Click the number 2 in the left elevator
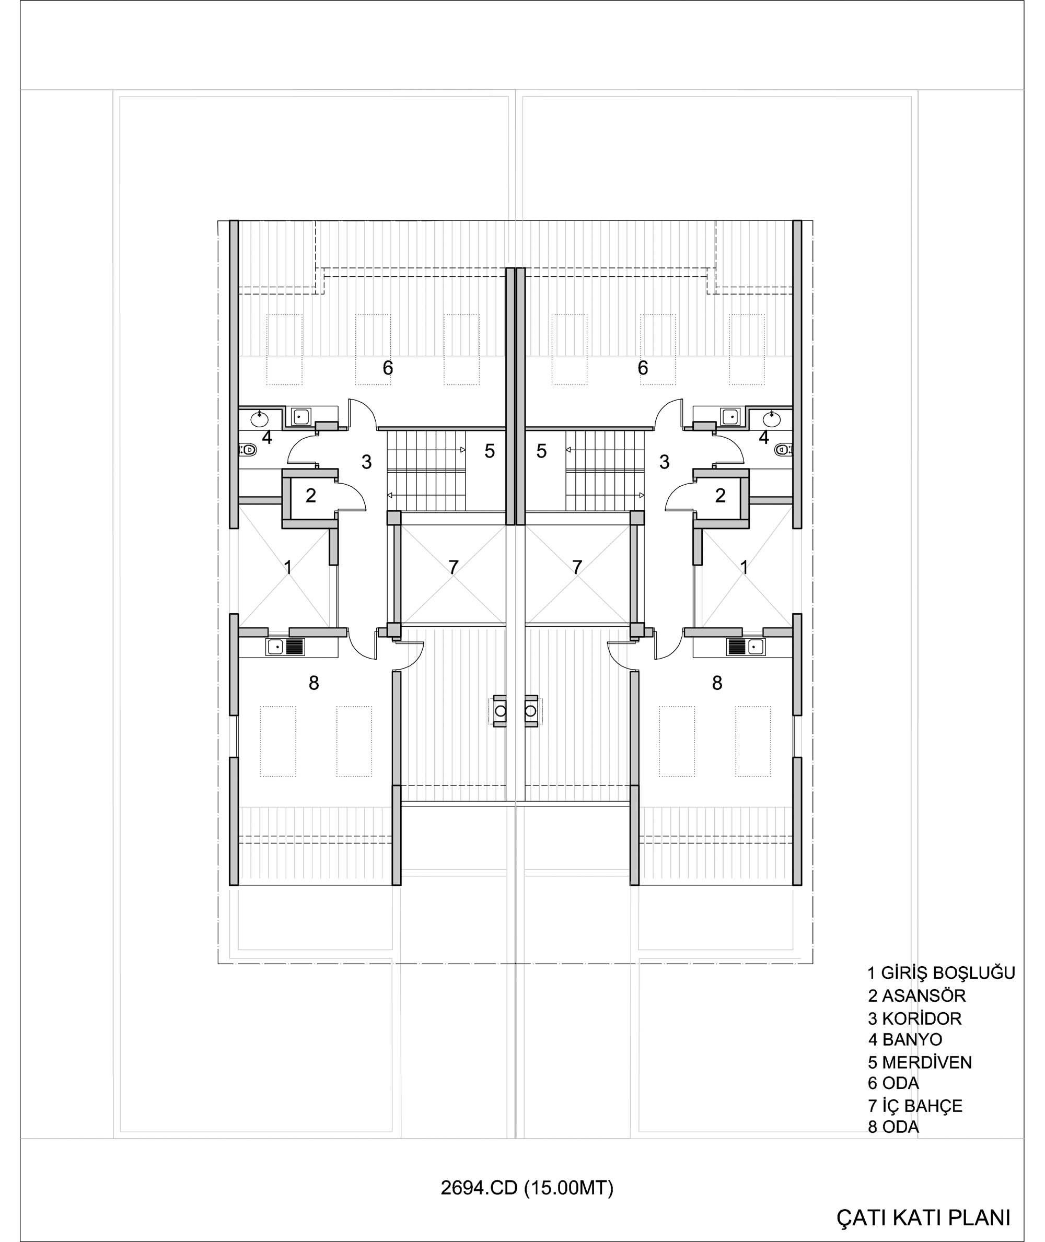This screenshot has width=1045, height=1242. coord(310,496)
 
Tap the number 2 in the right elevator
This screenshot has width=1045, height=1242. coord(721,496)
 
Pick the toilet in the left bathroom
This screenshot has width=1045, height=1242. coord(248,450)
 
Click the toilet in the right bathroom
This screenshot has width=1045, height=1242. coord(783,450)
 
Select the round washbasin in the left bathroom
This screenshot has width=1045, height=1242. coord(259,419)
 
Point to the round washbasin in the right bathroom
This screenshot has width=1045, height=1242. coord(771,419)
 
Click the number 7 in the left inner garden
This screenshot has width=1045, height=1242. coord(453,567)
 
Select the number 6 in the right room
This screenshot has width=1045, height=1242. coord(643,368)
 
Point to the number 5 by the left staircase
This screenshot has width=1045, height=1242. coord(490,451)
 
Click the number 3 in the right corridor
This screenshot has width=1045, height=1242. coord(664,462)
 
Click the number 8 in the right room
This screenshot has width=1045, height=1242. coord(717,684)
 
